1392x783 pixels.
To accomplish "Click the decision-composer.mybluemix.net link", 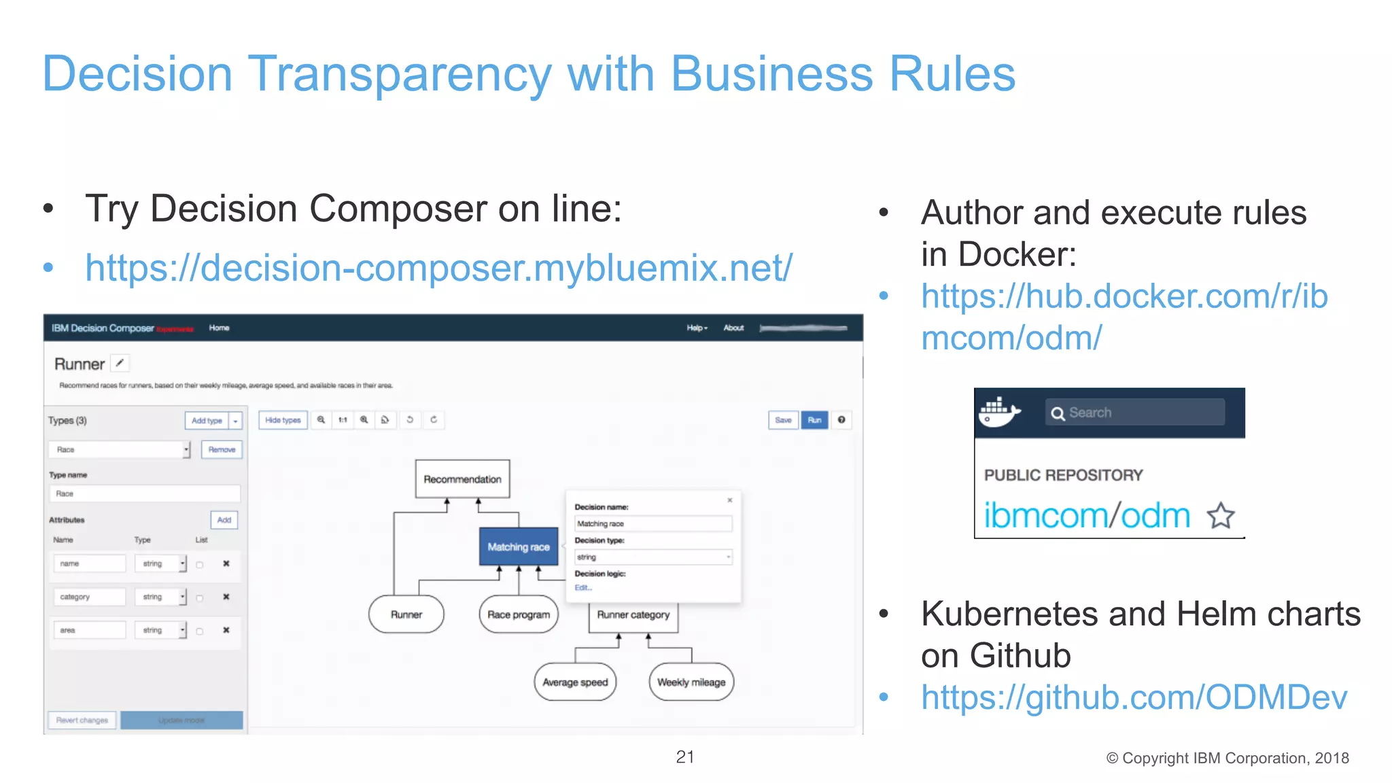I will tap(438, 268).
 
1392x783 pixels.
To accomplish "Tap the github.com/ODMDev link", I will tap(1134, 697).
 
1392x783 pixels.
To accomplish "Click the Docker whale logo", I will tap(998, 412).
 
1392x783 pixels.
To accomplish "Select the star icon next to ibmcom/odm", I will tap(1221, 516).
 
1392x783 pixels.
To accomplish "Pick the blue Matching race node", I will tap(518, 547).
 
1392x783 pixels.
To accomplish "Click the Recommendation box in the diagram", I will tap(462, 479).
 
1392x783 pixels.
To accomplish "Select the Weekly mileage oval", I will tap(691, 682).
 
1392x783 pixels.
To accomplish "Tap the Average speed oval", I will tap(575, 682).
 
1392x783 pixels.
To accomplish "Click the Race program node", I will tap(519, 614).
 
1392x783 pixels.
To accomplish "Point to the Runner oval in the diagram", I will tap(406, 614).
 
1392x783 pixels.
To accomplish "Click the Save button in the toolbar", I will tap(783, 420).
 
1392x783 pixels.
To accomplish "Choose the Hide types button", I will tap(283, 420).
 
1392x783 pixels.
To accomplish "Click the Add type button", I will tap(207, 421).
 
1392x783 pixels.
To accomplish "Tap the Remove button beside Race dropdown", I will tap(222, 449).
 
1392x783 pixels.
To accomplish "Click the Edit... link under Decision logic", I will tap(583, 588).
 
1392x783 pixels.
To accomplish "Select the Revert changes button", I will tap(82, 720).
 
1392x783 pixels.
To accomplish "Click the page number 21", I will tap(685, 757).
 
